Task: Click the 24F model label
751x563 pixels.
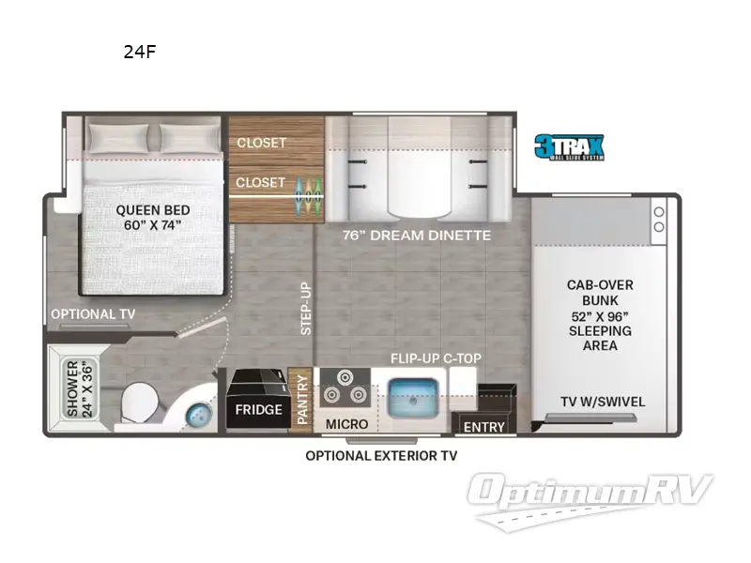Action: [x=140, y=52]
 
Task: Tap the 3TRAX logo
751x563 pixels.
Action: [x=569, y=147]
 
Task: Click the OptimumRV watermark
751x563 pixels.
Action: [x=590, y=500]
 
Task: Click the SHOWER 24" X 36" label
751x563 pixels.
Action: [x=80, y=388]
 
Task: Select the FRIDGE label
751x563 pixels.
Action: [x=259, y=410]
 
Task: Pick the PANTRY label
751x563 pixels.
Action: [x=302, y=400]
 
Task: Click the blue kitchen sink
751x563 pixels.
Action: [x=413, y=398]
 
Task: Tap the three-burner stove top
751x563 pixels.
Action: [x=345, y=388]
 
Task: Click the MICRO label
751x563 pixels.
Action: [x=346, y=424]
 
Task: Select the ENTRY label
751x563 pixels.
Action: [x=484, y=427]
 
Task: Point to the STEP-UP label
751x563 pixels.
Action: [x=306, y=309]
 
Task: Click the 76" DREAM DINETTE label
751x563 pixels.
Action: [x=417, y=236]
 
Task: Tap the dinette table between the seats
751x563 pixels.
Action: [x=419, y=183]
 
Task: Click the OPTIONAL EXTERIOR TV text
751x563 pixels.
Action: [x=381, y=456]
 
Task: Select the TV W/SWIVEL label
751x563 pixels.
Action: [x=603, y=402]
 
